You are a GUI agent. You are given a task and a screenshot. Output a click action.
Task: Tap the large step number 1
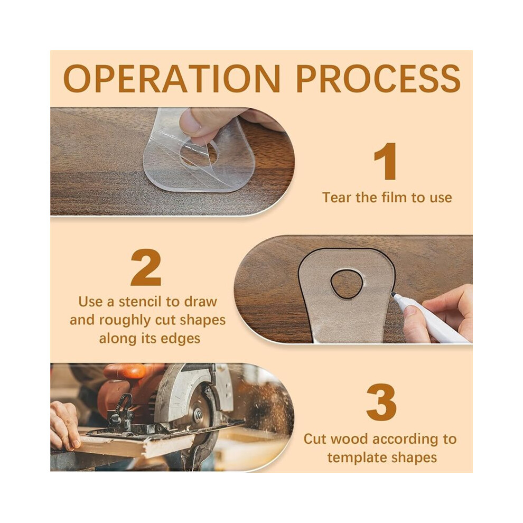(x=386, y=162)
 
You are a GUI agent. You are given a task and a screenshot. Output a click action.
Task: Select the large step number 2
(x=146, y=267)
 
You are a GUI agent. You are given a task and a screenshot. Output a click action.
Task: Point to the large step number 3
(x=381, y=403)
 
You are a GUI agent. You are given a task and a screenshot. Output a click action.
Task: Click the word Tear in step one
(x=337, y=198)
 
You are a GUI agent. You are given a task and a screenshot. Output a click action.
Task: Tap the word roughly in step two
(x=126, y=321)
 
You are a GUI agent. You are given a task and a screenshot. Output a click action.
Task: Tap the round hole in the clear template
(x=199, y=154)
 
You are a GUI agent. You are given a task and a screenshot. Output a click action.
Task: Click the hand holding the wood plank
(x=63, y=424)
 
